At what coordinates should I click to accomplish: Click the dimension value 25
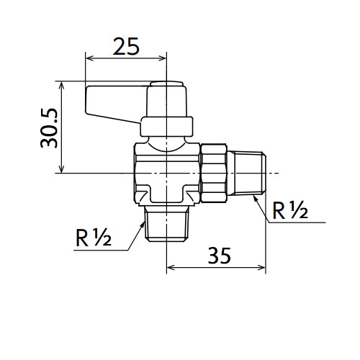pyautogui.click(x=126, y=46)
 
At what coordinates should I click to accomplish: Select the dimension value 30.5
pyautogui.click(x=49, y=128)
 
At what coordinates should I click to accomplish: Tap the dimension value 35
pyautogui.click(x=220, y=256)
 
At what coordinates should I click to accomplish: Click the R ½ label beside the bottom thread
pyautogui.click(x=94, y=238)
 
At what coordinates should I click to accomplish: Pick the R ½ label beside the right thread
pyautogui.click(x=290, y=210)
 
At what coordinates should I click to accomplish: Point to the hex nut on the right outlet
pyautogui.click(x=214, y=173)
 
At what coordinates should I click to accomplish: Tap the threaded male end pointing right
pyautogui.click(x=246, y=173)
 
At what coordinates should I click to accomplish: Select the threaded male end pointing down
pyautogui.click(x=166, y=224)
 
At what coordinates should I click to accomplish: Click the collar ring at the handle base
pyautogui.click(x=166, y=127)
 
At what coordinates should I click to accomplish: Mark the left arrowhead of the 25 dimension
pyautogui.click(x=89, y=58)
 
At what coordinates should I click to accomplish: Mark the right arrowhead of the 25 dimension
pyautogui.click(x=163, y=58)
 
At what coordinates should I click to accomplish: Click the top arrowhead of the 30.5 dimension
pyautogui.click(x=62, y=85)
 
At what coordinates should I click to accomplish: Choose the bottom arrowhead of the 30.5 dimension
pyautogui.click(x=62, y=169)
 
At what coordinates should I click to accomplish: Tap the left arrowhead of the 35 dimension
pyautogui.click(x=170, y=267)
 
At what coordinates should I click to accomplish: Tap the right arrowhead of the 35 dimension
pyautogui.click(x=262, y=267)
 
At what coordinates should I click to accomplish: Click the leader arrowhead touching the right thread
pyautogui.click(x=256, y=199)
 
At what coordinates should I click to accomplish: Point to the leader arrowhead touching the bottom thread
pyautogui.click(x=143, y=225)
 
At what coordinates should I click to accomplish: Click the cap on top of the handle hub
pyautogui.click(x=166, y=84)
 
